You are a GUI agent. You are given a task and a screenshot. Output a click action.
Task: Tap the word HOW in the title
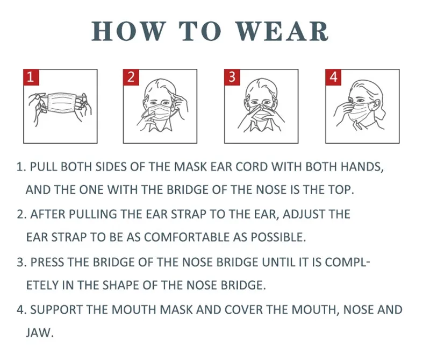click(128, 31)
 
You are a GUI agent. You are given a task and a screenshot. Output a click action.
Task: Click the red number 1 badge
click(30, 77)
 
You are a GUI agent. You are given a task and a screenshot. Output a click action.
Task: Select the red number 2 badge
click(131, 77)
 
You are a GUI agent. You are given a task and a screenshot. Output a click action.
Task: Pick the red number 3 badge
click(232, 77)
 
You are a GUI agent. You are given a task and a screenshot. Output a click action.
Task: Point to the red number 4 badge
click(333, 77)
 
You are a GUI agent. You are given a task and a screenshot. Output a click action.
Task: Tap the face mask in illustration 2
click(161, 115)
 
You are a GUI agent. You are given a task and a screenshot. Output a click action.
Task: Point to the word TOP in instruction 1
click(341, 190)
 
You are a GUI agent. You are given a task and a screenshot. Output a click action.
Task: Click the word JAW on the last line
click(39, 333)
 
